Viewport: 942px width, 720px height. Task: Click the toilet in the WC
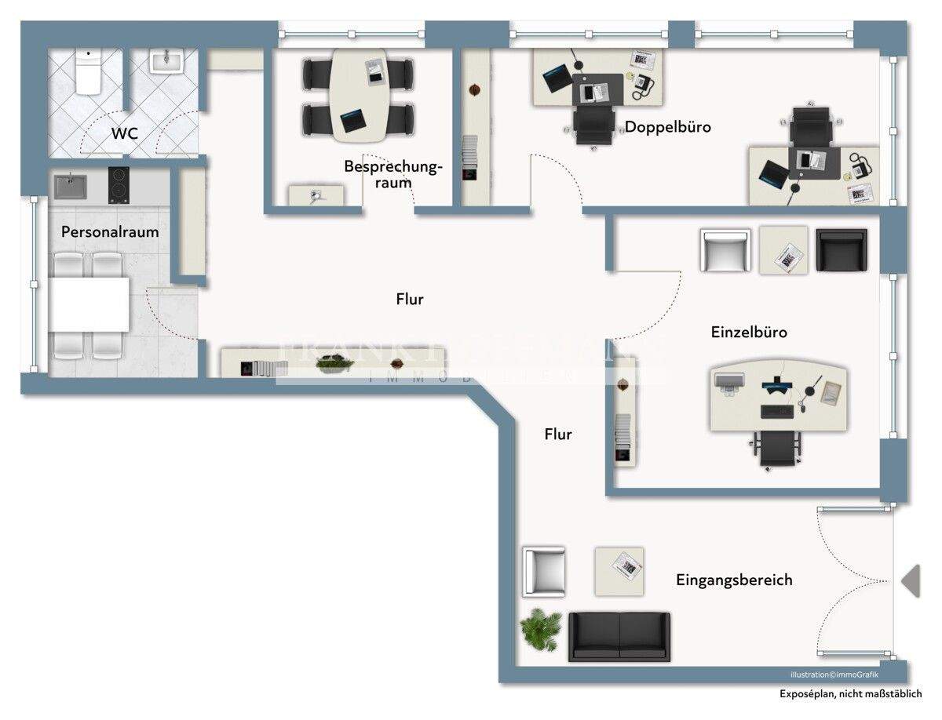tap(88, 72)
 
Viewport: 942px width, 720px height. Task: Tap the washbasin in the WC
tap(166, 61)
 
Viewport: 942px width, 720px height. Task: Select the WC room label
tap(124, 133)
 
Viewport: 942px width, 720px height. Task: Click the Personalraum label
tap(110, 232)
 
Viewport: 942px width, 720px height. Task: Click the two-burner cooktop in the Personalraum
tap(119, 186)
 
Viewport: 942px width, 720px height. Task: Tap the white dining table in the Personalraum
tap(89, 304)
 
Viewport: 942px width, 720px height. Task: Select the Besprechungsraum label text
tap(392, 174)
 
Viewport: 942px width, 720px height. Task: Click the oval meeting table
tap(359, 94)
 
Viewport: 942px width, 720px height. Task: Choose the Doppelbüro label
tap(667, 126)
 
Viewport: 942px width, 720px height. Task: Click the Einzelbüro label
tap(748, 333)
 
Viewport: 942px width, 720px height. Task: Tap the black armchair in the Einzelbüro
tap(841, 250)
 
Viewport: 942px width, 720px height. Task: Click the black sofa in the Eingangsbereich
tap(619, 635)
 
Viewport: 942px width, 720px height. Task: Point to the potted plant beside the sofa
tap(541, 629)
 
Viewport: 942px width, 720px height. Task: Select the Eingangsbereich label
tap(733, 580)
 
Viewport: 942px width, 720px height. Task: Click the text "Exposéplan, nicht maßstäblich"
tap(850, 694)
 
